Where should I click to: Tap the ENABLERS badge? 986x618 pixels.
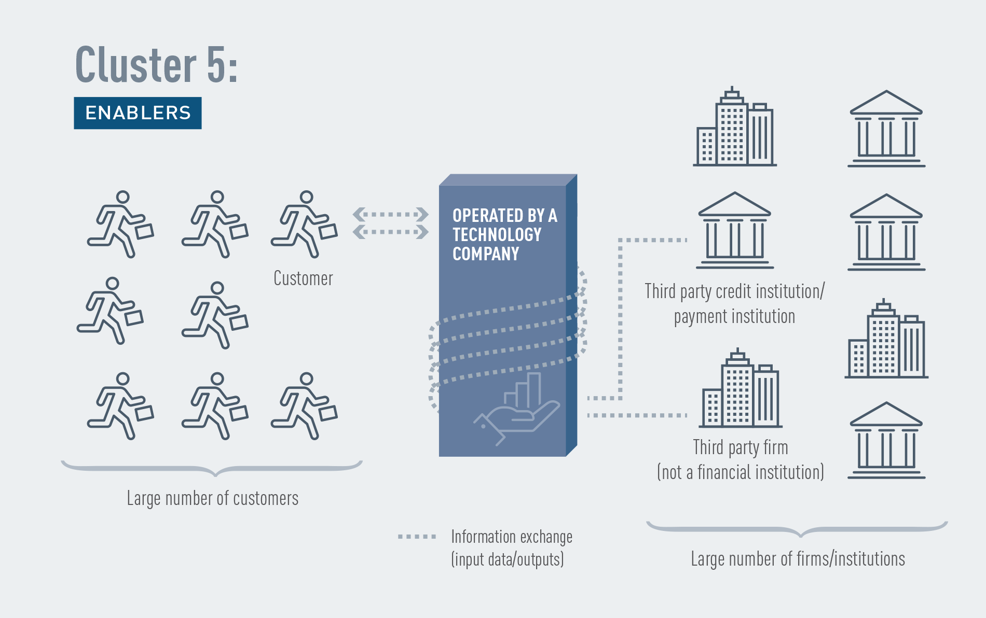(x=138, y=113)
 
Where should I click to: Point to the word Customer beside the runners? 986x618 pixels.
(x=303, y=278)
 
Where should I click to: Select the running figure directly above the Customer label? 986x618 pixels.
(x=305, y=224)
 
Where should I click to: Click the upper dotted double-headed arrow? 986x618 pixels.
(x=391, y=214)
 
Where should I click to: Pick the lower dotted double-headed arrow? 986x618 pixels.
(x=391, y=231)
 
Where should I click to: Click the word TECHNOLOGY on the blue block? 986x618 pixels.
(x=497, y=235)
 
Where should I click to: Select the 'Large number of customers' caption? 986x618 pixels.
(x=213, y=498)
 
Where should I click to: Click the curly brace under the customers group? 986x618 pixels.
(x=212, y=468)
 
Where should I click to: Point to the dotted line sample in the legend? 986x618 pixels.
(x=417, y=537)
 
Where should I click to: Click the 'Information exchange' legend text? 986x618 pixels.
(x=512, y=537)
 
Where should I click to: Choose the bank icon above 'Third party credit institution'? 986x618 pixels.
(x=735, y=230)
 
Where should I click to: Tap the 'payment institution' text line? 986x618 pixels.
(x=734, y=316)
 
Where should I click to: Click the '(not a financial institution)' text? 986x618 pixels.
(x=741, y=472)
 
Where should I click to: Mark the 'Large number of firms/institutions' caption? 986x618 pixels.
(x=798, y=559)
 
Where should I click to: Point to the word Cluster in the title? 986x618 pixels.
(x=136, y=64)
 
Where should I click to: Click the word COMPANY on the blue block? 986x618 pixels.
(x=486, y=254)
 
